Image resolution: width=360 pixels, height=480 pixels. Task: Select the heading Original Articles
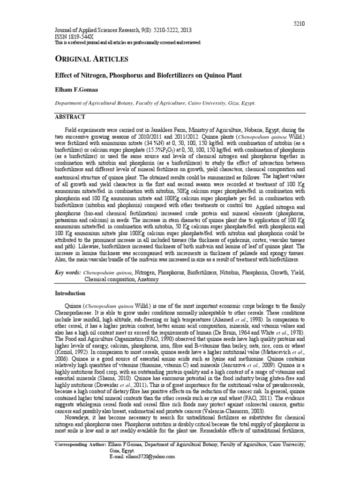point(92,59)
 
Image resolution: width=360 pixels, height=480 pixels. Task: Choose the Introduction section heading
point(70,293)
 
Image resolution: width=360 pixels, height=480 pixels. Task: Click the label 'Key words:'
point(68,273)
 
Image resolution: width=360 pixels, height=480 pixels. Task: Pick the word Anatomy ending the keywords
point(149,279)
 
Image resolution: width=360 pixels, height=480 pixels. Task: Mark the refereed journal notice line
point(128,42)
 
